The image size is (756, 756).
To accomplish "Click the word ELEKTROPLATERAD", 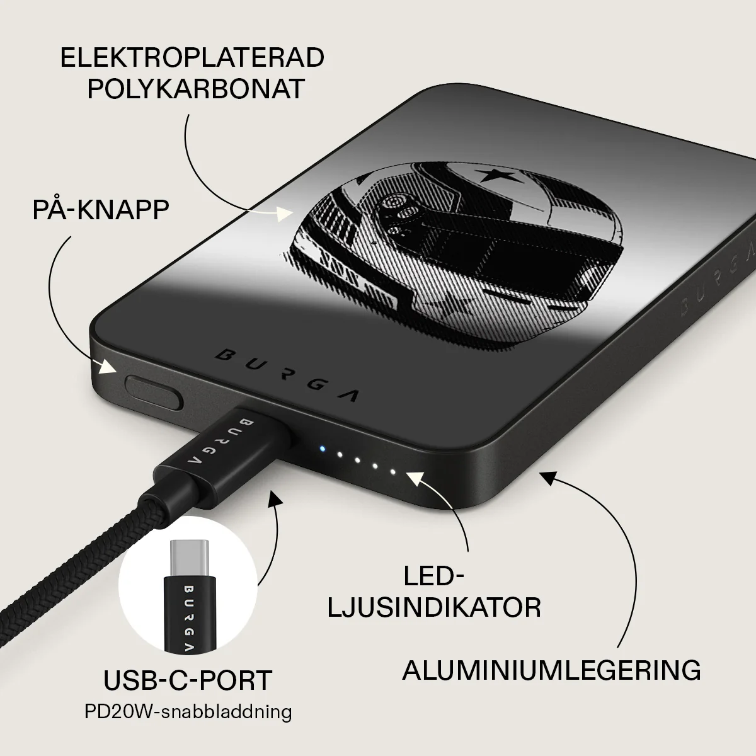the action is click(x=192, y=57).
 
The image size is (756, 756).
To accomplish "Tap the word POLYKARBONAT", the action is click(x=196, y=88).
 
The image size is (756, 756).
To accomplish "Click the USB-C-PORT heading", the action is click(x=188, y=680).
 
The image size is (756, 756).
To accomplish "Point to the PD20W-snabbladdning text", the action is click(x=188, y=711).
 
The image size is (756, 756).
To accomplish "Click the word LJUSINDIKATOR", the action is click(x=434, y=608).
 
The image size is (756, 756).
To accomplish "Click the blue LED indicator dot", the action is click(x=322, y=449).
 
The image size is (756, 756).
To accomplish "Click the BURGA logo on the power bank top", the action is click(x=287, y=377).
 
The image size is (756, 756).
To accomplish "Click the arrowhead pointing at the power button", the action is click(x=107, y=367).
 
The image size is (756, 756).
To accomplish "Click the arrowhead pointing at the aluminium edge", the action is click(x=550, y=478).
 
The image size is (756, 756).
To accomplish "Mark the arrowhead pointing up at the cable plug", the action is click(x=275, y=496).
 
